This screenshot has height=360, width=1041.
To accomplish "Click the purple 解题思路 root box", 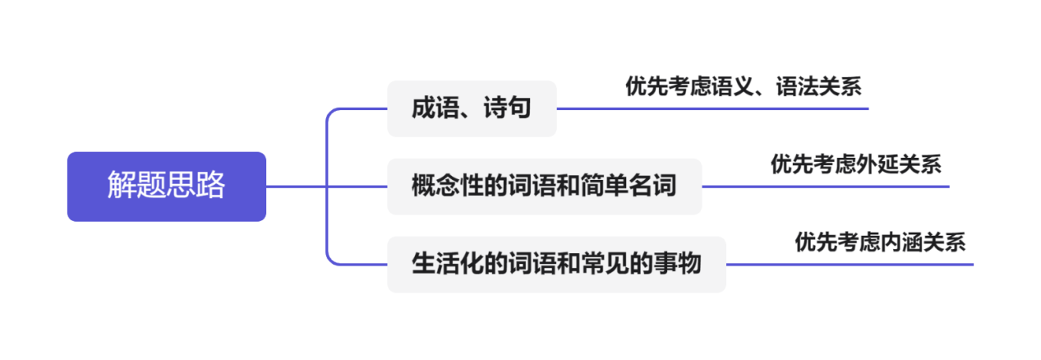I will click(x=166, y=187).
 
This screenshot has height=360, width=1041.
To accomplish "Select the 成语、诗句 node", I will click(x=472, y=108).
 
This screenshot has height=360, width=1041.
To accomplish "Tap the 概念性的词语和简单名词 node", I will click(x=544, y=187).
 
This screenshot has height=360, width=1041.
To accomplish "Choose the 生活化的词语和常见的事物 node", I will click(x=556, y=265).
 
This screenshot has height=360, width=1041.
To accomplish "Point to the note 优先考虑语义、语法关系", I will click(x=743, y=86).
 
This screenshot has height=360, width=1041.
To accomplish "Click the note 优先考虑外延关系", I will click(x=855, y=164).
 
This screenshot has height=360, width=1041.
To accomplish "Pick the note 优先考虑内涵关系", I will click(x=879, y=242).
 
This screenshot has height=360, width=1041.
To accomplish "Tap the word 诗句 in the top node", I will click(x=511, y=108).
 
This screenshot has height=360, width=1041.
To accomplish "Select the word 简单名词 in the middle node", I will click(x=636, y=187).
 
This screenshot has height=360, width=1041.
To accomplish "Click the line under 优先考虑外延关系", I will click(x=826, y=187).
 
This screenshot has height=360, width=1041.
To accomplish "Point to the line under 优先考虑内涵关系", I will click(x=850, y=265).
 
